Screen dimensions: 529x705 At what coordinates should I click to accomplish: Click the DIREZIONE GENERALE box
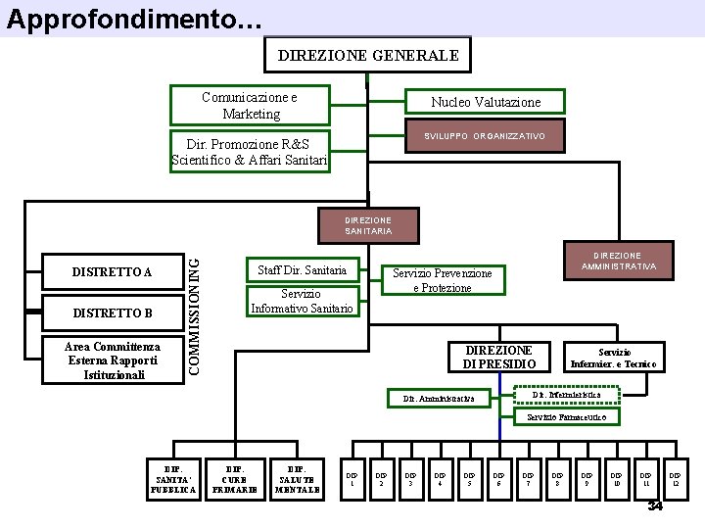(x=367, y=56)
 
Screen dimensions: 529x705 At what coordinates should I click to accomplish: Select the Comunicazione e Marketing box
(x=251, y=106)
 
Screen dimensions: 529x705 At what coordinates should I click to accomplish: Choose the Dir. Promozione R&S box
(x=250, y=151)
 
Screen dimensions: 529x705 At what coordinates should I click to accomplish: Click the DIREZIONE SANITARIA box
(x=367, y=225)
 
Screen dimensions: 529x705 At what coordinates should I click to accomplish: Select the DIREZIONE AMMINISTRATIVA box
(x=617, y=261)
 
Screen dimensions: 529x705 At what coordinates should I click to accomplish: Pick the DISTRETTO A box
(x=113, y=271)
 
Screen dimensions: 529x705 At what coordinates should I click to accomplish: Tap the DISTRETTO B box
(x=113, y=313)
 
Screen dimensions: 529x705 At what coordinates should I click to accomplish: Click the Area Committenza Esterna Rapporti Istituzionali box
(x=113, y=361)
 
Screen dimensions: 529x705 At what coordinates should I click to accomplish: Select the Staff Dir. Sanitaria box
(x=302, y=270)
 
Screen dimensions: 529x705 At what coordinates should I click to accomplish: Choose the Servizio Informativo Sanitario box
(x=302, y=302)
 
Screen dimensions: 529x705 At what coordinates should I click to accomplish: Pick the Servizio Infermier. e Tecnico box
(x=615, y=358)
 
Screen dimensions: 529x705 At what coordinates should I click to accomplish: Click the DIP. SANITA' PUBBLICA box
(x=172, y=476)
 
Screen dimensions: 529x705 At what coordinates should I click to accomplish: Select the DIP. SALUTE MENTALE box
(x=295, y=476)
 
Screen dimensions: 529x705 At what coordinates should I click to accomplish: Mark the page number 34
(x=655, y=505)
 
